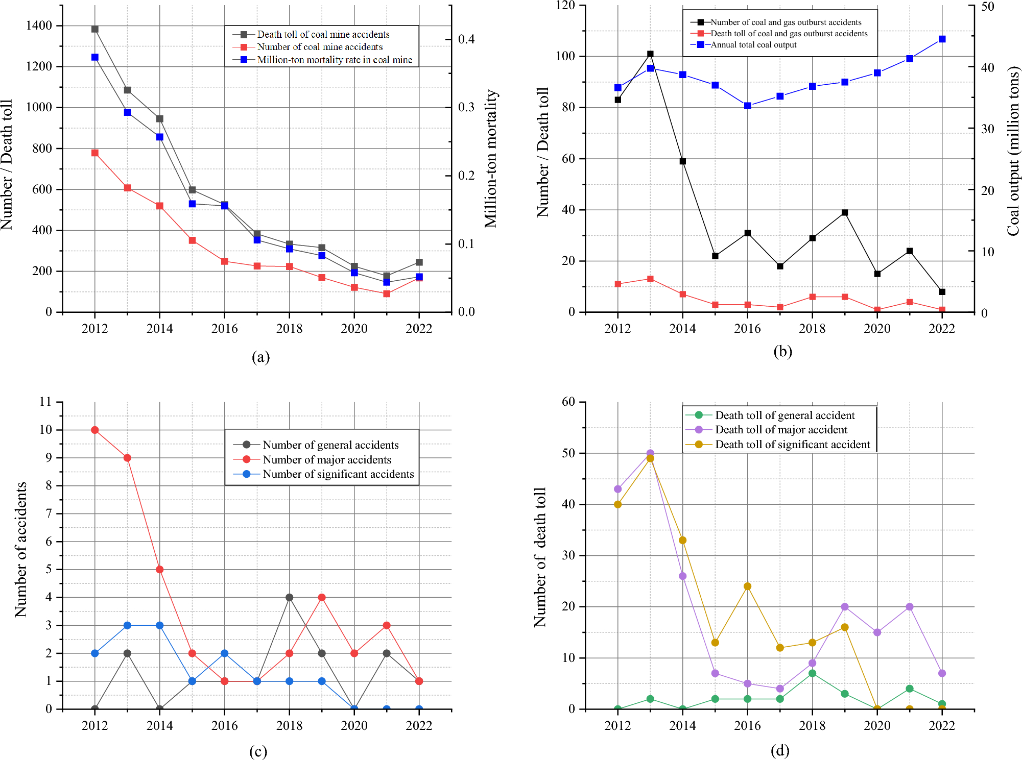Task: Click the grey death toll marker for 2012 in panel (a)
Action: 95,29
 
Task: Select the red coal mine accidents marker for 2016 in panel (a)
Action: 225,261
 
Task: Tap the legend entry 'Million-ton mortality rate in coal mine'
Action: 335,60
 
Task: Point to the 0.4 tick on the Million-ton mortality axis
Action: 466,39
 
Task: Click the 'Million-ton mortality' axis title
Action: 491,159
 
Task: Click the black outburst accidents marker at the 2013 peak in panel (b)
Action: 650,54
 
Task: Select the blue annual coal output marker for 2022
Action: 942,39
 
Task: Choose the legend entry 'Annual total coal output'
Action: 753,45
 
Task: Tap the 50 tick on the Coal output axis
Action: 987,7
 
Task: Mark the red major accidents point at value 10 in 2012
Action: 95,430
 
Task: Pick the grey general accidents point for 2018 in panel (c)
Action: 290,597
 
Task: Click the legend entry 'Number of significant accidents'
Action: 338,474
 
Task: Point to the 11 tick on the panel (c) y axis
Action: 46,402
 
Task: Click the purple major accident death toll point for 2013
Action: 650,453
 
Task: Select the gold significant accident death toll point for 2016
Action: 748,586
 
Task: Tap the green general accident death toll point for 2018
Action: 813,673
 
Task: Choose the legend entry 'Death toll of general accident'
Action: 785,415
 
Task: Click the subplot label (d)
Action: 780,750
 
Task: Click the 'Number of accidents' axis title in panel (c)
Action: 21,549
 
